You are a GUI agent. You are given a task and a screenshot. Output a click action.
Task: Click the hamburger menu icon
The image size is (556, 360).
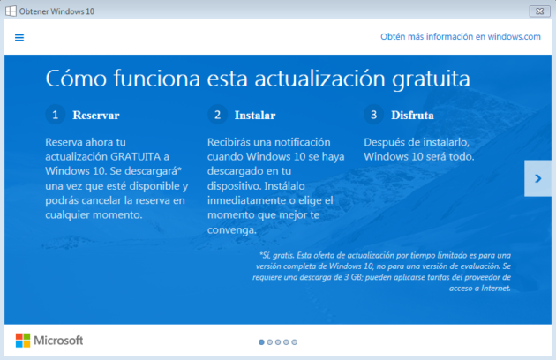[19, 37]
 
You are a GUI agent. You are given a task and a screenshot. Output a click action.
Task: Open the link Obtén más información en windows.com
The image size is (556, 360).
[460, 37]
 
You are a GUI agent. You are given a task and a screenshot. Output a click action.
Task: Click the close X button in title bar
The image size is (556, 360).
[535, 10]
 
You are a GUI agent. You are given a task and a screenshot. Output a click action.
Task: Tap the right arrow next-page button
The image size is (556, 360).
[537, 178]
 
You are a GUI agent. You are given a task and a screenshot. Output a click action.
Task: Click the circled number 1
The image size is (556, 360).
[55, 115]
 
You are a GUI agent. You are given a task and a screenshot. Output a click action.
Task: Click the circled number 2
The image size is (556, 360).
[216, 115]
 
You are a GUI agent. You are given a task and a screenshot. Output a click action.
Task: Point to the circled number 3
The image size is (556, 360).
[373, 115]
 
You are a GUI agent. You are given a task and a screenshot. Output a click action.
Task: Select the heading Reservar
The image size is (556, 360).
[96, 116]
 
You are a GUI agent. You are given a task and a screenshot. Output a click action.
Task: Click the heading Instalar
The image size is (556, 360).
[255, 116]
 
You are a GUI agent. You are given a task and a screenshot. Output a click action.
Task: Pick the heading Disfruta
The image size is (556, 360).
[414, 116]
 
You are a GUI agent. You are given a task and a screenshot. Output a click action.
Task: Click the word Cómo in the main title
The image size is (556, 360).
[73, 79]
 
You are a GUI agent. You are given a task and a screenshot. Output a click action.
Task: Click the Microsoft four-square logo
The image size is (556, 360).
[23, 341]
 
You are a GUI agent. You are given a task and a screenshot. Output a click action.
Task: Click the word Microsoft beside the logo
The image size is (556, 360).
[58, 341]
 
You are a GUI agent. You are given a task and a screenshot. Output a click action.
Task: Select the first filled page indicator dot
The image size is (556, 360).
[261, 341]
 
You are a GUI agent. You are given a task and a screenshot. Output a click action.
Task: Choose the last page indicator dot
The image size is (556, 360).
[295, 341]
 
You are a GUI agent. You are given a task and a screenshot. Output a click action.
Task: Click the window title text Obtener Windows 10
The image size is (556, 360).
[58, 10]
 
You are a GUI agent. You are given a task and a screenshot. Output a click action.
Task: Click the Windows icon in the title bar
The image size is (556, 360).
[10, 10]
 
